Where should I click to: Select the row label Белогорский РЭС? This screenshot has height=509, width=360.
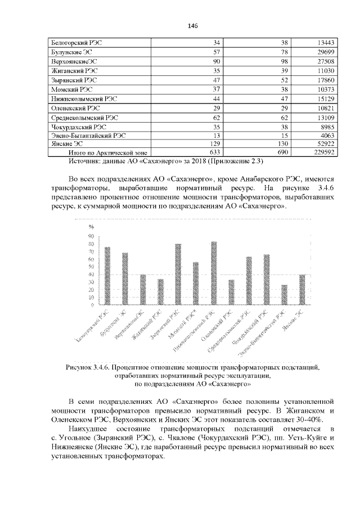click(73, 43)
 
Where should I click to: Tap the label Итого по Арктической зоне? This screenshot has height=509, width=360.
click(99, 152)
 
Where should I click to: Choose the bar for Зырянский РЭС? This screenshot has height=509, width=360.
click(178, 274)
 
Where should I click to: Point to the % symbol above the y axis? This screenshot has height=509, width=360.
click(91, 227)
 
